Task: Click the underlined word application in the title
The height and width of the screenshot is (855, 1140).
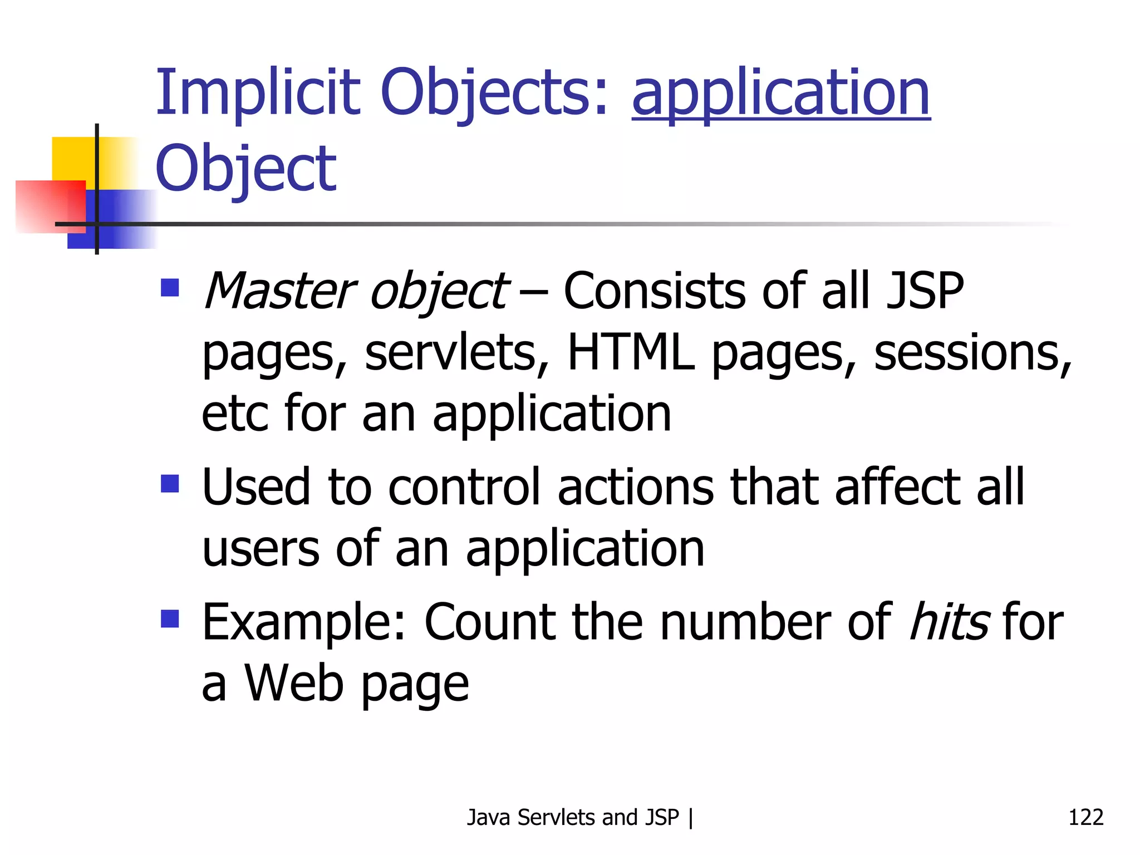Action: [x=781, y=93]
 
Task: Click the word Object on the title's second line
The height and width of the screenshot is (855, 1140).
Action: [x=245, y=169]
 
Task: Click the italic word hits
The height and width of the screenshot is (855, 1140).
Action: [x=949, y=622]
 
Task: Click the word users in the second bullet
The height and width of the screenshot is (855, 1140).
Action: [x=261, y=549]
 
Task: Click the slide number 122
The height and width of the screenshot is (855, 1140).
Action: [x=1085, y=817]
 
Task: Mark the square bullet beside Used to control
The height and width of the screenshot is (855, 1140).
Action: [x=170, y=483]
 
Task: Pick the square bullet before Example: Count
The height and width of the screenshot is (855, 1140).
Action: [x=170, y=618]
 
